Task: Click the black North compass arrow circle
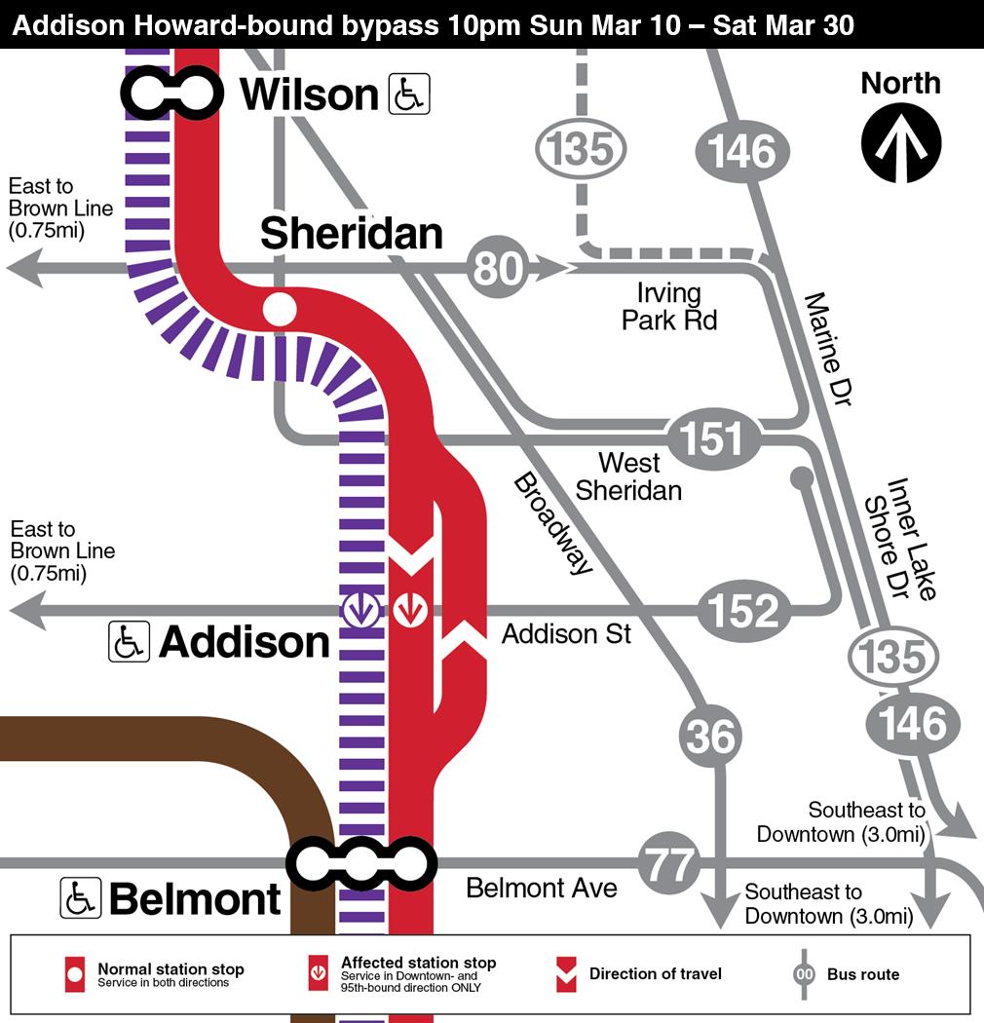[900, 142]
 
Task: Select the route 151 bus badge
[713, 437]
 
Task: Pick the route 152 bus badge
[742, 611]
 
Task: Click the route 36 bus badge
[710, 736]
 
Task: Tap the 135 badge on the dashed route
[581, 150]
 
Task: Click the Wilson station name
[309, 95]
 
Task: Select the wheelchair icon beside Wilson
[409, 95]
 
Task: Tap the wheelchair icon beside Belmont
[81, 897]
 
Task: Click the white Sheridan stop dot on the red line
[279, 309]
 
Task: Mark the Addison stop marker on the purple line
[361, 611]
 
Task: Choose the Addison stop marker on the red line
[410, 611]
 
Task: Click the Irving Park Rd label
[669, 306]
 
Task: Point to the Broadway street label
[552, 523]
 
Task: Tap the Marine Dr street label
[828, 347]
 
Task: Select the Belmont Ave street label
[541, 888]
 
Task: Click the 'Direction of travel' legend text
[655, 973]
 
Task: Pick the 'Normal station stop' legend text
[170, 968]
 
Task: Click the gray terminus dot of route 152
[802, 477]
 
